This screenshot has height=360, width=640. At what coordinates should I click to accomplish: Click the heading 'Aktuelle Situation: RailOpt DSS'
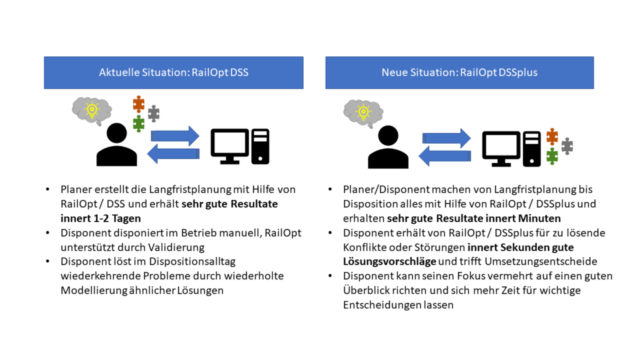[x=173, y=72]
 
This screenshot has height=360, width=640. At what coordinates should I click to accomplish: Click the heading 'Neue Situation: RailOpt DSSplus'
[x=459, y=72]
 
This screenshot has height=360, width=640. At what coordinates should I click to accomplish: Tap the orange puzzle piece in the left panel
[x=139, y=104]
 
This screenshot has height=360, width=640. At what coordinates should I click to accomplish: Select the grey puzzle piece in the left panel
[x=153, y=114]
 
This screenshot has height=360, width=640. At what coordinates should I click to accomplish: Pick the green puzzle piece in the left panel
[x=139, y=123]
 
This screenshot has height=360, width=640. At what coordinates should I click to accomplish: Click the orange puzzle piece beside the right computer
[x=552, y=136]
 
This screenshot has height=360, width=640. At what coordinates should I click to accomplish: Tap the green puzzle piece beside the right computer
[x=552, y=156]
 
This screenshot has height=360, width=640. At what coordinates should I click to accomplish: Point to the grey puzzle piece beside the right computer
[x=567, y=146]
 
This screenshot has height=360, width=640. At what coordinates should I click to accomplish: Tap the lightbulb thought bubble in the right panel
[x=362, y=112]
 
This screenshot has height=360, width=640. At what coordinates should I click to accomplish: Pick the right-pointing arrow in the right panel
[x=446, y=138]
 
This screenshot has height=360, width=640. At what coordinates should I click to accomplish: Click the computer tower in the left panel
[x=260, y=146]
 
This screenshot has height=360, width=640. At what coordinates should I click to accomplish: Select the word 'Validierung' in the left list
[x=168, y=247]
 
